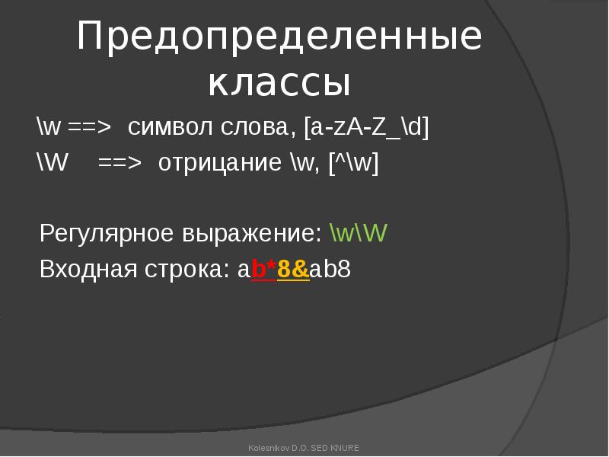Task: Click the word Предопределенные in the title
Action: (x=279, y=37)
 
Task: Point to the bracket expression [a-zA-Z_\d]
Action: (x=366, y=127)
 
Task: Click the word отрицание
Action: (x=220, y=163)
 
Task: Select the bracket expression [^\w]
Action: (x=353, y=162)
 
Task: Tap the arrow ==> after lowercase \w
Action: (x=89, y=127)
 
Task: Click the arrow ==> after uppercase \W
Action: (x=120, y=163)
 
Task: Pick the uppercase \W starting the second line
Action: (x=52, y=161)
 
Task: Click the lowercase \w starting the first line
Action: (x=49, y=126)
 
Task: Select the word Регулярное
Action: (x=107, y=234)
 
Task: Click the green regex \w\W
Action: (x=359, y=233)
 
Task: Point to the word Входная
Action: (x=88, y=269)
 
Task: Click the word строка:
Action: (x=187, y=270)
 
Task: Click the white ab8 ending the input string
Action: (x=330, y=269)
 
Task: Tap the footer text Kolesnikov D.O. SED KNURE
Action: (x=304, y=448)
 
